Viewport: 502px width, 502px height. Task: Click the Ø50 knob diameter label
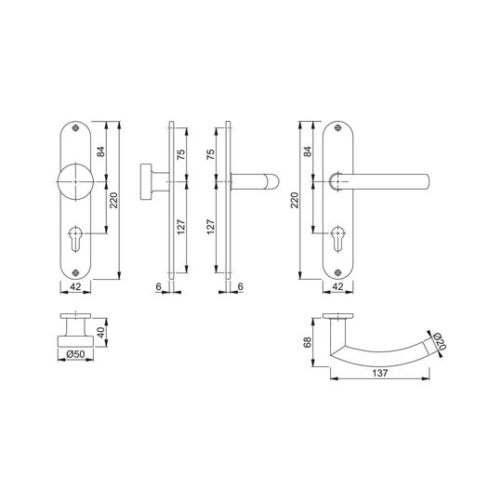pyautogui.click(x=75, y=354)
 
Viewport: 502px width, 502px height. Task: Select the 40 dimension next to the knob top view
pyautogui.click(x=101, y=332)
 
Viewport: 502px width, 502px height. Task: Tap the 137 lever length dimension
pyautogui.click(x=380, y=373)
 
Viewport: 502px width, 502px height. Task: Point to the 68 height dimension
pyautogui.click(x=308, y=342)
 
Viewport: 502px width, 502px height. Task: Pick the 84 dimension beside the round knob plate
pyautogui.click(x=100, y=152)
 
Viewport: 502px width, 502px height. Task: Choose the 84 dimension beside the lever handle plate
pyautogui.click(x=308, y=152)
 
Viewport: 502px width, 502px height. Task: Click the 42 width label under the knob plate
pyautogui.click(x=75, y=286)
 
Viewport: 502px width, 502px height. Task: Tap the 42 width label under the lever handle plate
pyautogui.click(x=338, y=286)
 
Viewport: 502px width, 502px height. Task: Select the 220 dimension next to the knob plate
pyautogui.click(x=114, y=200)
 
